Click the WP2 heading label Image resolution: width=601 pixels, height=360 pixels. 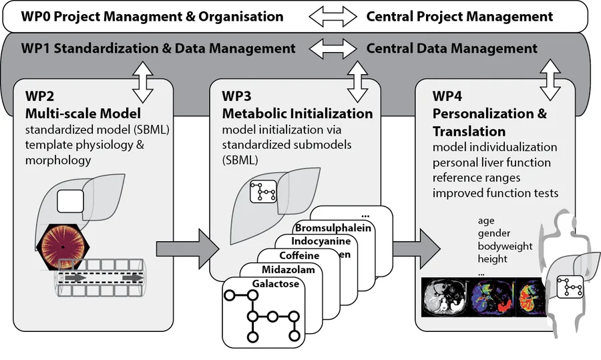[39, 96]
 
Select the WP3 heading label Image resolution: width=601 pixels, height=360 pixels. [236, 96]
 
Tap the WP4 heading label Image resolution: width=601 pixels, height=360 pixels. [447, 96]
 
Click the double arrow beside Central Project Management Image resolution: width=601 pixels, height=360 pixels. [333, 17]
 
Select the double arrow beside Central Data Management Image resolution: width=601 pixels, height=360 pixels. [333, 48]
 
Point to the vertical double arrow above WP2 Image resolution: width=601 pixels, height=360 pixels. [143, 82]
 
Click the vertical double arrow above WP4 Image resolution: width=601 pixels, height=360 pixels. [550, 80]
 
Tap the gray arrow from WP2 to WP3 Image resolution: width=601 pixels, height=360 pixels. [188, 249]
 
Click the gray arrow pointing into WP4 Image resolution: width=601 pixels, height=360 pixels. [417, 249]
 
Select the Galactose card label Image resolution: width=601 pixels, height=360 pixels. [276, 284]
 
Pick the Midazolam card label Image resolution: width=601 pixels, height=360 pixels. [288, 270]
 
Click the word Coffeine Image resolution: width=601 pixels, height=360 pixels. [299, 255]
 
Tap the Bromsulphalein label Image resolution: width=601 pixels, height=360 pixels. [333, 228]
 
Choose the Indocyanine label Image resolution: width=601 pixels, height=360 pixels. [321, 241]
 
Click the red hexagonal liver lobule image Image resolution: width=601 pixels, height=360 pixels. [63, 247]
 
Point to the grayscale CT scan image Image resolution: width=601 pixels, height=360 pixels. [445, 297]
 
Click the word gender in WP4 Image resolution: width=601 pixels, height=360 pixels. [494, 234]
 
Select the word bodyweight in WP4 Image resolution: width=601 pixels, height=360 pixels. [506, 246]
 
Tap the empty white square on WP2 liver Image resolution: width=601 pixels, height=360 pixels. [71, 201]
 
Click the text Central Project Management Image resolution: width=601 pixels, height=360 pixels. [459, 17]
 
